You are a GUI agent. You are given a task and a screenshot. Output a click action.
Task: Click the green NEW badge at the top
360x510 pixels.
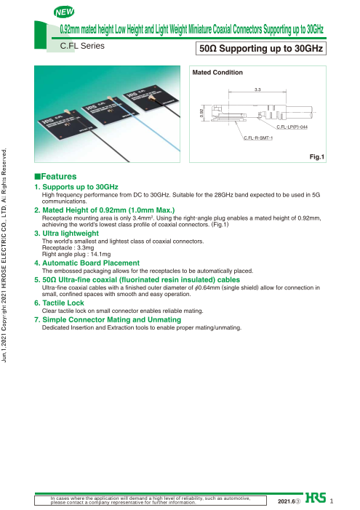click(x=64, y=12)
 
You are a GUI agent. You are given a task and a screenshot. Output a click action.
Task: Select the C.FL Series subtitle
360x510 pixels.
click(x=82, y=46)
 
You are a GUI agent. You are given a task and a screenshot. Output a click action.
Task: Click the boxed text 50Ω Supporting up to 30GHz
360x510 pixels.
click(x=261, y=49)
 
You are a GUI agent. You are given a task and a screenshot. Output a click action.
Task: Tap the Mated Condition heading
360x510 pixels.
click(x=217, y=72)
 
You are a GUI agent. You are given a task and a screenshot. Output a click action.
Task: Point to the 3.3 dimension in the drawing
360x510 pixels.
click(x=257, y=89)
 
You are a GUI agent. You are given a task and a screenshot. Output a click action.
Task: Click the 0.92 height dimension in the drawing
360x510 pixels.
click(x=201, y=113)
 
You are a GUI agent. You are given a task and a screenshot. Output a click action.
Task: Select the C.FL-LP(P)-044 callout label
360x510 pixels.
click(x=292, y=127)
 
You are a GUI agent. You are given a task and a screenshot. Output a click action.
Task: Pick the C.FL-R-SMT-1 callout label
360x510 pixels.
click(x=258, y=138)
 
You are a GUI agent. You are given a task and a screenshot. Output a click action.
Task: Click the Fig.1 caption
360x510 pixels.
click(x=317, y=156)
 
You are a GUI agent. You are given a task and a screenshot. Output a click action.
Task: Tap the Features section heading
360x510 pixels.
click(x=55, y=176)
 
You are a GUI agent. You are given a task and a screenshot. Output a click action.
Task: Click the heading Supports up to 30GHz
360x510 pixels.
click(x=76, y=187)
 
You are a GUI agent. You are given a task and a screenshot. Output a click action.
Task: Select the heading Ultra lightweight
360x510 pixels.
click(x=67, y=234)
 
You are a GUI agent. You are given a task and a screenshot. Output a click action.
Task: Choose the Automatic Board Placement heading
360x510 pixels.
click(x=87, y=263)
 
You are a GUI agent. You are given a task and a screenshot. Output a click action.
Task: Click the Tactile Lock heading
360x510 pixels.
click(x=60, y=303)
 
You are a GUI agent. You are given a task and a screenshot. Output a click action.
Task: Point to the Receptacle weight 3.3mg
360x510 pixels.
click(x=68, y=247)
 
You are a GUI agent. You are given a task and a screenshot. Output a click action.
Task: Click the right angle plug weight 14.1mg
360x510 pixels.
click(x=76, y=254)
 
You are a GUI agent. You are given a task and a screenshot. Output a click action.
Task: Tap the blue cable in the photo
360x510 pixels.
click(x=145, y=124)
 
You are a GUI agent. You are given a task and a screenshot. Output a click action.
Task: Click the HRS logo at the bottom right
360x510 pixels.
click(x=316, y=498)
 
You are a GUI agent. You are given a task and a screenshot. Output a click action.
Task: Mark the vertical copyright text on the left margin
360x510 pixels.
click(x=4, y=255)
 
